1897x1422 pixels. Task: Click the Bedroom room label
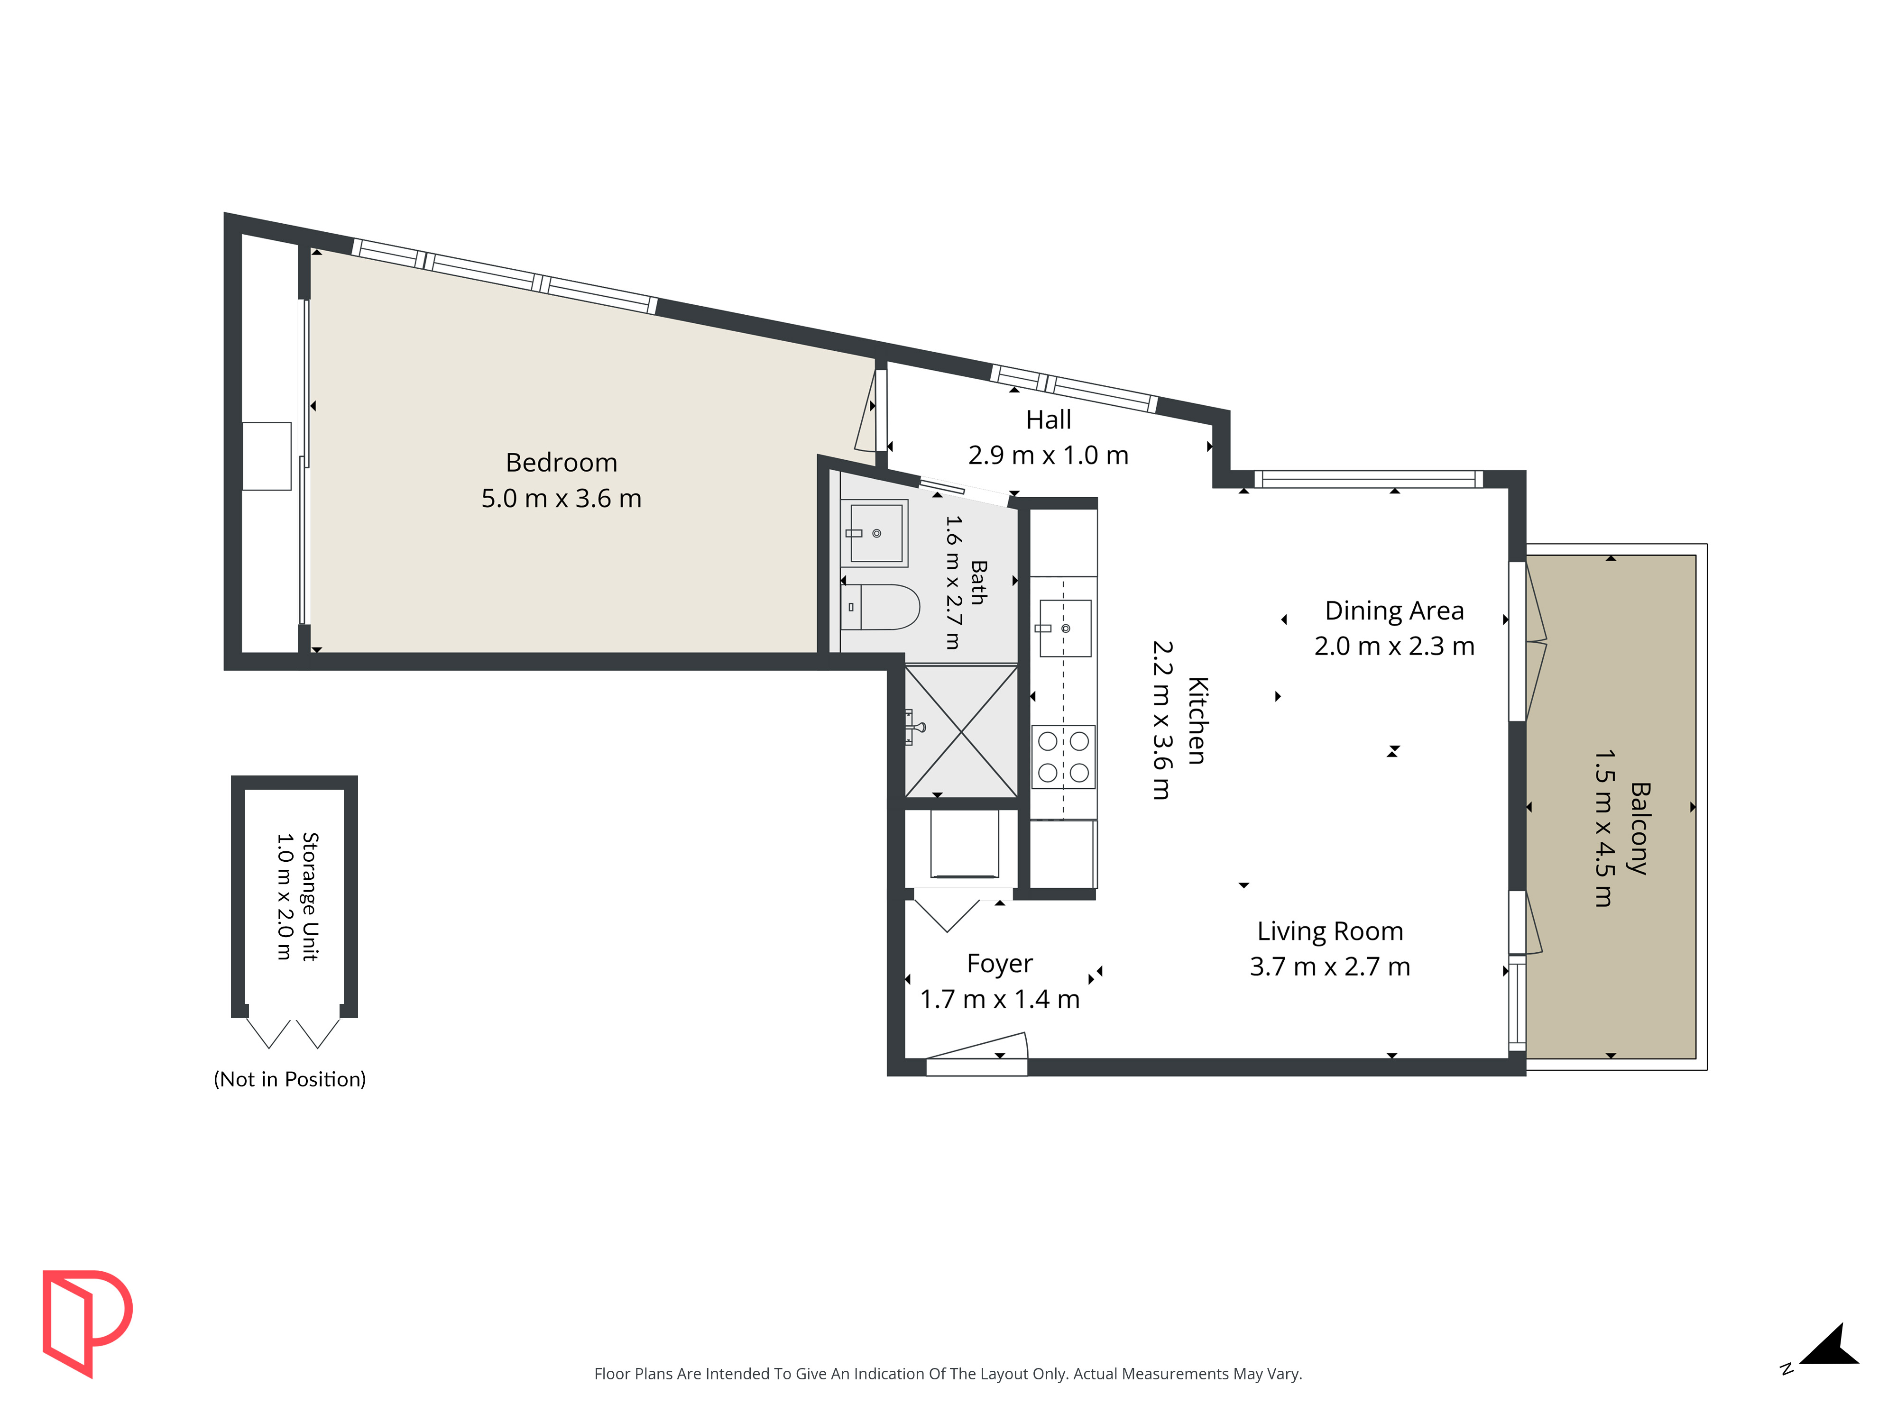click(x=562, y=463)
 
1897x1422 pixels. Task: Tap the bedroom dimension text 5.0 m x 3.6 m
click(x=562, y=498)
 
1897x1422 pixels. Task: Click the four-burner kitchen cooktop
click(x=1063, y=757)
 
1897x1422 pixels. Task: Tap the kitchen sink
click(x=1065, y=628)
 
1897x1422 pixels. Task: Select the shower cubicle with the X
click(x=961, y=731)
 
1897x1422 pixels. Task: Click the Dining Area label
click(x=1394, y=611)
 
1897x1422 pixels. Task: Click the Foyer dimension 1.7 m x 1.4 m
click(x=1000, y=999)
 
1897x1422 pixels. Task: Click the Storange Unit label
click(x=310, y=897)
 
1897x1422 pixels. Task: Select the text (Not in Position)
click(x=290, y=1079)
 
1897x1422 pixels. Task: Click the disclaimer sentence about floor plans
click(x=948, y=1374)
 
